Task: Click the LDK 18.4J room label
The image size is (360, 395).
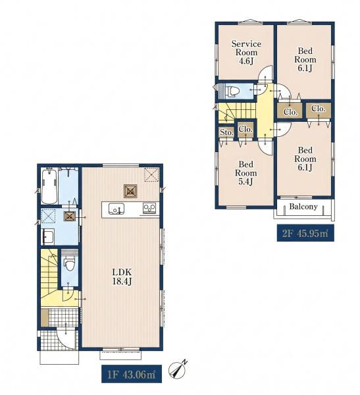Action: (x=122, y=276)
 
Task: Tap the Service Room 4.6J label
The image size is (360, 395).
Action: (x=246, y=53)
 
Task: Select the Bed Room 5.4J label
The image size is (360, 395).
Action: (x=246, y=172)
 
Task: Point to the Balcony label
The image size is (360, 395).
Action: (x=303, y=207)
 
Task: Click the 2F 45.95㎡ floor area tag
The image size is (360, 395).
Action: (x=305, y=233)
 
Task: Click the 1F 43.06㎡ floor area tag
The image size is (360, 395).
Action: (x=132, y=374)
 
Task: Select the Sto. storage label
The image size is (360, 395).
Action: (x=226, y=132)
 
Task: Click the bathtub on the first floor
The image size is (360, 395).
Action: (x=49, y=186)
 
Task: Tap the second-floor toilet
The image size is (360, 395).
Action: (x=230, y=91)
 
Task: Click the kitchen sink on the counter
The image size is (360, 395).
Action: (x=116, y=209)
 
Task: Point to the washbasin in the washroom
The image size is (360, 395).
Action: (x=47, y=236)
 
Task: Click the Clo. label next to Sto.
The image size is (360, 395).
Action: (x=245, y=129)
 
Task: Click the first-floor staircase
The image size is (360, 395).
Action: (x=49, y=272)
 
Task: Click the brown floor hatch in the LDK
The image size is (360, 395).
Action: (x=130, y=191)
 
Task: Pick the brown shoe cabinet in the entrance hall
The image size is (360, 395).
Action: (x=45, y=317)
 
